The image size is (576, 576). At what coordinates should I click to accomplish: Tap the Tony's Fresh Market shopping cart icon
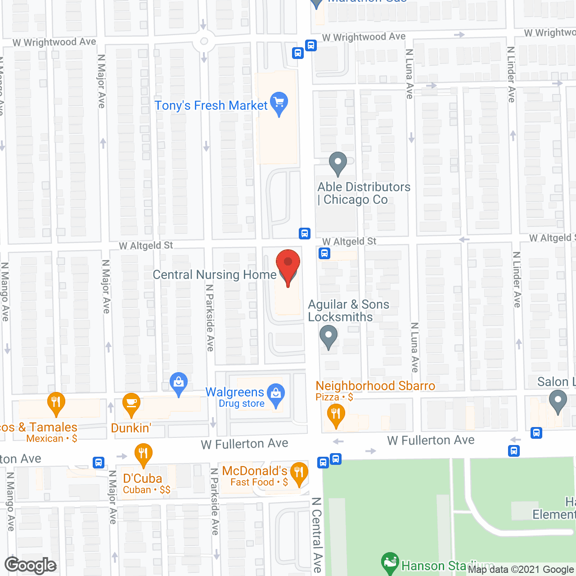tap(279, 102)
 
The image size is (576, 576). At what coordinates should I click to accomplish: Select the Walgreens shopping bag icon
tap(275, 394)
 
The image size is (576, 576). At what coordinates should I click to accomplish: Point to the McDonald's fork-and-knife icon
tap(299, 472)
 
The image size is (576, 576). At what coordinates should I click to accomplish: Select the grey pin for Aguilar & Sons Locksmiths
tap(328, 335)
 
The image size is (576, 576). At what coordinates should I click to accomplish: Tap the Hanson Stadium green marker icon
tap(390, 562)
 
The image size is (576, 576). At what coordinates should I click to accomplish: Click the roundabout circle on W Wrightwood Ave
tap(204, 42)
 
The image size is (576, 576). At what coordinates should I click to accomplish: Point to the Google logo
tap(30, 565)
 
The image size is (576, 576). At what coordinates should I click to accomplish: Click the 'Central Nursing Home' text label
tap(215, 274)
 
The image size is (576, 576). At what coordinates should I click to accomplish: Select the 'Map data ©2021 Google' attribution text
tap(521, 569)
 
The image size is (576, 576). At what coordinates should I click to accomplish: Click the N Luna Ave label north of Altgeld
tap(409, 74)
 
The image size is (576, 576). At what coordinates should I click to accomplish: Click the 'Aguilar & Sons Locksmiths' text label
tap(348, 310)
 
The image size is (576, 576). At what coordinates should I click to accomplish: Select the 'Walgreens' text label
tap(234, 392)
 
